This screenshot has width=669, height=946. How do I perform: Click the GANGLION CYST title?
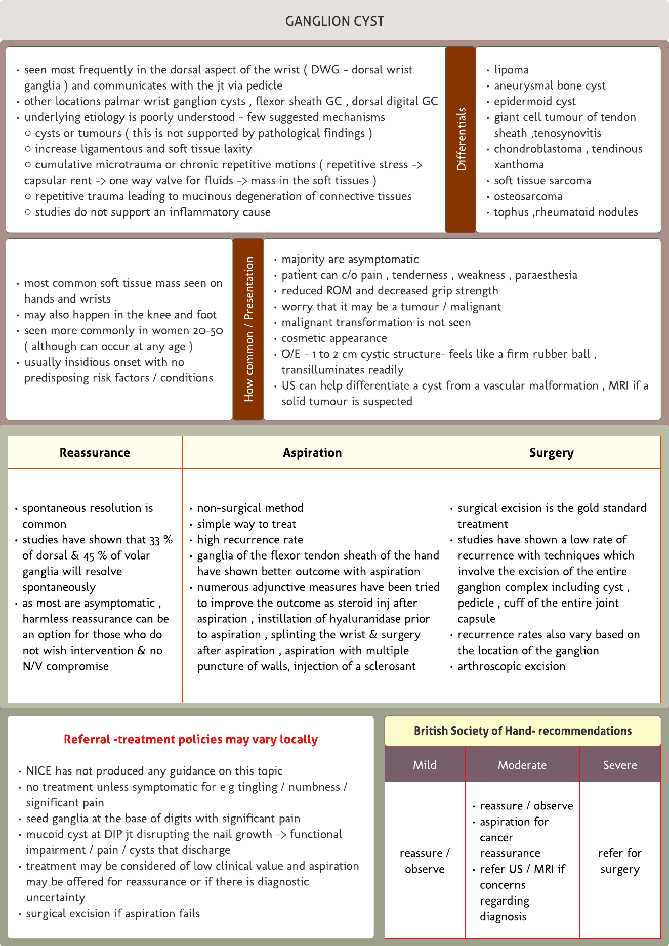334,21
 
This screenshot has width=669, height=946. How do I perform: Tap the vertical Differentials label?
461,139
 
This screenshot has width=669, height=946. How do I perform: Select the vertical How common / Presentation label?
248,329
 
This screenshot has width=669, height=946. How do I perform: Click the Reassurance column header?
95,453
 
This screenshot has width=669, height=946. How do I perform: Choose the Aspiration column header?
312,453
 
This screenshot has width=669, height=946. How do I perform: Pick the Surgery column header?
551,453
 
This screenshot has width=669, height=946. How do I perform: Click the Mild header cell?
425,765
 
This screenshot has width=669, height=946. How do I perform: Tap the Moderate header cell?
522,765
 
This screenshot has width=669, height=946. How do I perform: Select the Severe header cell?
620,765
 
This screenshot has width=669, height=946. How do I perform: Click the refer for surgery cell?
620,861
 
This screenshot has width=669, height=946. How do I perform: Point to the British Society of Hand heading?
523,731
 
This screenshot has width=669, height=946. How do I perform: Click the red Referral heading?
191,739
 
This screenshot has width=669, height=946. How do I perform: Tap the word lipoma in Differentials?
511,70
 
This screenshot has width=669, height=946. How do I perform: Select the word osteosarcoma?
528,196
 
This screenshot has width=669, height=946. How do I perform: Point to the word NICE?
39,771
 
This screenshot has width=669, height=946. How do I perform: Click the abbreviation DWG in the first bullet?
325,70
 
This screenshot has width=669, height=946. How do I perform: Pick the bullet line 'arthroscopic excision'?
511,666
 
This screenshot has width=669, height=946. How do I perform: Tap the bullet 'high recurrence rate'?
250,540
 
